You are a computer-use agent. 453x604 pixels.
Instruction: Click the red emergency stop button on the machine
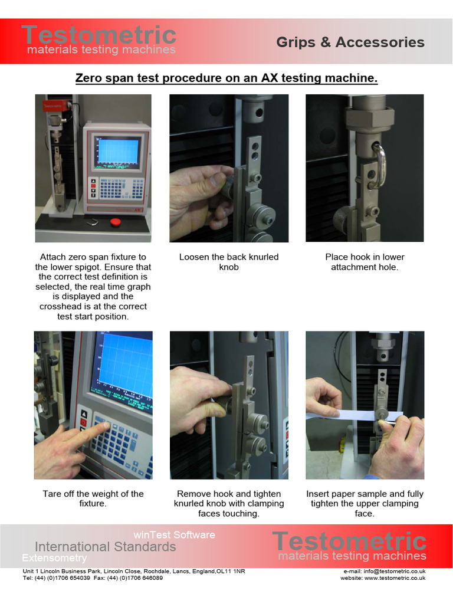(116, 222)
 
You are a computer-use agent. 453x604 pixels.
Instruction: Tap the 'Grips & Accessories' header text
(350, 42)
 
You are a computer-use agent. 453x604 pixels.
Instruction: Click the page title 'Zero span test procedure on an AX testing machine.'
(226, 78)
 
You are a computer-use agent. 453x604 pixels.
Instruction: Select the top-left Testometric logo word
(99, 34)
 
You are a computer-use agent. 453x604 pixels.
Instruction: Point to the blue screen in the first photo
(118, 151)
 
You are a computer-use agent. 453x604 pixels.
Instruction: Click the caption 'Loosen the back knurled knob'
(229, 262)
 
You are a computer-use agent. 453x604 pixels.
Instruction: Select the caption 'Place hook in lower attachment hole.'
(365, 262)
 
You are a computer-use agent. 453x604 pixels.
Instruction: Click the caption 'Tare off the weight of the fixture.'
(93, 498)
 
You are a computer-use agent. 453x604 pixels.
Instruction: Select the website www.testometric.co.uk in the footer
(383, 578)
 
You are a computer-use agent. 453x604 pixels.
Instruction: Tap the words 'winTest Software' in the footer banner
(174, 535)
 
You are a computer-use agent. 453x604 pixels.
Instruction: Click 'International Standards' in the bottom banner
(105, 547)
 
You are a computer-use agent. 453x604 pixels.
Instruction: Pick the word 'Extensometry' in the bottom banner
(54, 558)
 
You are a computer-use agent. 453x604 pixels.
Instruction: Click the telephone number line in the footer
(93, 578)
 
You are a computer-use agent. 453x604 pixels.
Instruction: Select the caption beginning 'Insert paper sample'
(365, 503)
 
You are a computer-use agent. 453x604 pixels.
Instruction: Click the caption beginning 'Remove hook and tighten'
(229, 503)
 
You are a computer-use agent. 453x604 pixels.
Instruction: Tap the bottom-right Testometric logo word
(349, 541)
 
